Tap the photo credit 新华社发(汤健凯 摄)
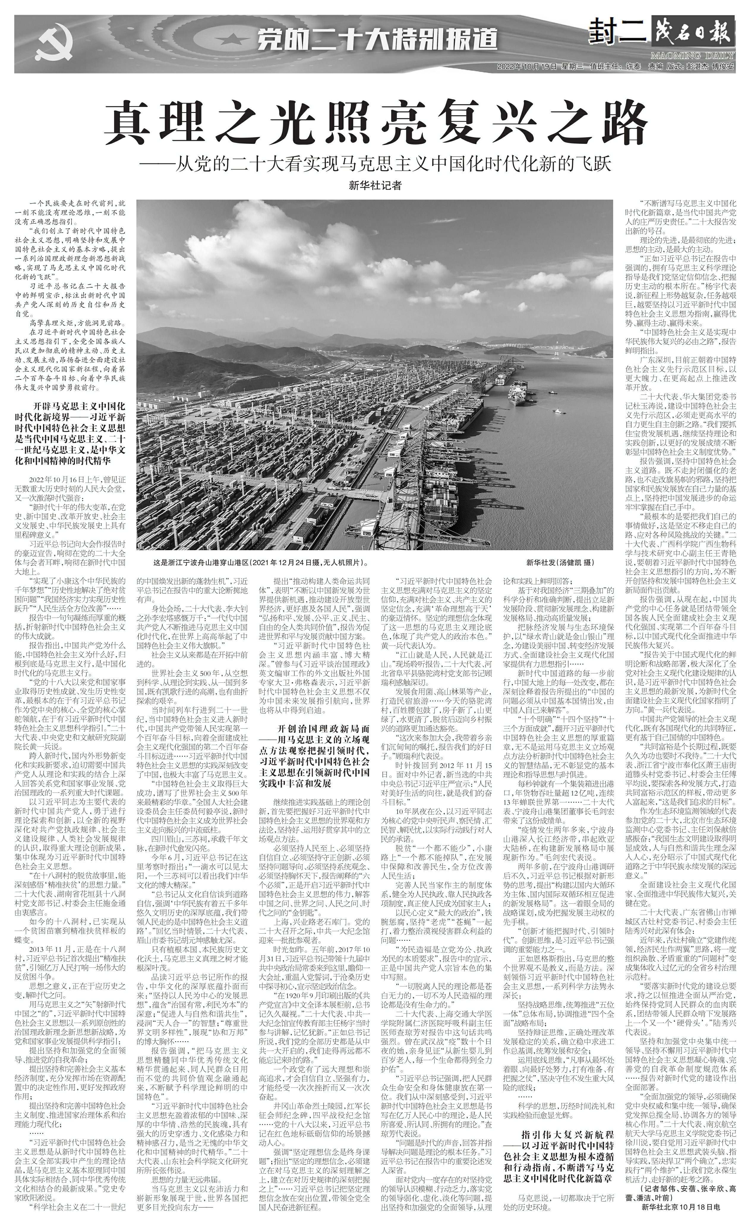click(560, 563)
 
